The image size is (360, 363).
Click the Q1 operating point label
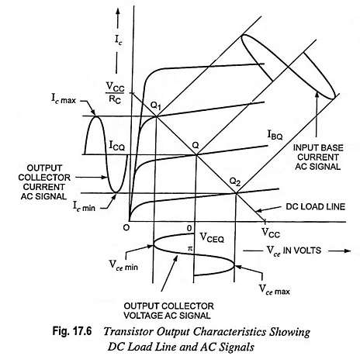[156, 106]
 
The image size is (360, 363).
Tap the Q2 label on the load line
[235, 182]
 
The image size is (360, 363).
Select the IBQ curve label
[275, 135]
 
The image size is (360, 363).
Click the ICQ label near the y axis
[116, 146]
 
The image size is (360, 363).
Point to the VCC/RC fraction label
[115, 92]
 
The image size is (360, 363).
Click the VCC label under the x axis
[271, 233]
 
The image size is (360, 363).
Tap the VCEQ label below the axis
[212, 237]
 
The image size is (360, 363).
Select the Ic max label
[64, 99]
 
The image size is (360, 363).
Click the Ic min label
[84, 206]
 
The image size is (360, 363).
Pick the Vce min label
[123, 265]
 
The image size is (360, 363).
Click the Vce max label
[275, 290]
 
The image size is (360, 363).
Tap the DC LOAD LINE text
[316, 206]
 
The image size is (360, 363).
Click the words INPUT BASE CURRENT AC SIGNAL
[318, 157]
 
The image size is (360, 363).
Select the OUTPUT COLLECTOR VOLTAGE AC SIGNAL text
[168, 310]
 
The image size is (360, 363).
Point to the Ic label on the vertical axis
[119, 40]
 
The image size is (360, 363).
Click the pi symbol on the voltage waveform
[190, 249]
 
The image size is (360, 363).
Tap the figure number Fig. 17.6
[72, 330]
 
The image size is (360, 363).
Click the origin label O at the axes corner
[126, 228]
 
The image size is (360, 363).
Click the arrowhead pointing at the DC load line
[258, 210]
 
